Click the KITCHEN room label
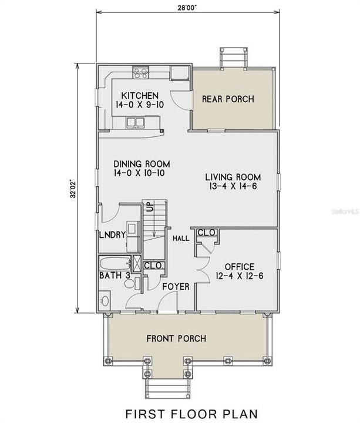click(x=139, y=96)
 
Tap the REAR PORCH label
click(x=228, y=99)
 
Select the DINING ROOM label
click(x=142, y=164)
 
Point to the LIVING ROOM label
click(x=233, y=177)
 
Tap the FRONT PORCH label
click(x=176, y=338)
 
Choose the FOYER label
click(x=176, y=287)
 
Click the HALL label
click(x=180, y=239)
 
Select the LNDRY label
click(x=112, y=235)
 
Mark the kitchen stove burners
click(x=140, y=73)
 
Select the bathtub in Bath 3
click(x=116, y=263)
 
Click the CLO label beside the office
click(x=206, y=233)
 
